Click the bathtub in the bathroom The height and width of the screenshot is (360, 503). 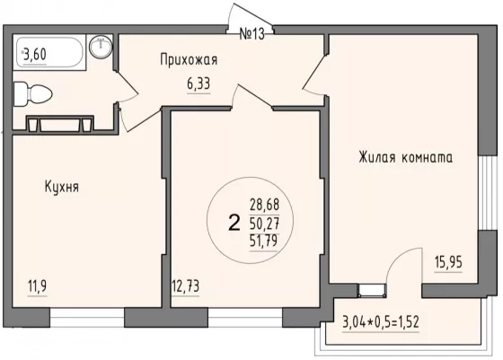(x=49, y=52)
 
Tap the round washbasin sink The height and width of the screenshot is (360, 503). (x=101, y=47)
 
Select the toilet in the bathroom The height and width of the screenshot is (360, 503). (x=32, y=94)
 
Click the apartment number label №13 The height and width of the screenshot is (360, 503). (x=252, y=33)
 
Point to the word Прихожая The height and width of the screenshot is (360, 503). (x=189, y=60)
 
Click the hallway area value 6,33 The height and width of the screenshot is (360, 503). (x=199, y=84)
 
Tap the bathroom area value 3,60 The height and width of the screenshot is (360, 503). (x=35, y=54)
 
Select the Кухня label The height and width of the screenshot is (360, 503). (x=62, y=187)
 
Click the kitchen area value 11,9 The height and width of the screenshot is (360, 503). (x=38, y=285)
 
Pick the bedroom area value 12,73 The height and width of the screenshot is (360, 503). (x=186, y=285)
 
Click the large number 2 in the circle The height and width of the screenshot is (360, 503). (x=234, y=223)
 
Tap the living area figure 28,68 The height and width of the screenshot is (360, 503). (x=265, y=204)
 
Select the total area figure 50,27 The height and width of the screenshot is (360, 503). (x=264, y=224)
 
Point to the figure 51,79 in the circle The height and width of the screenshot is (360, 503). (x=264, y=241)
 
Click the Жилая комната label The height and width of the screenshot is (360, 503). (x=406, y=158)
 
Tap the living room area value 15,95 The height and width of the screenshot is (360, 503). (x=448, y=262)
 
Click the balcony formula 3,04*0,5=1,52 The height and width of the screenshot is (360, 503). (x=381, y=322)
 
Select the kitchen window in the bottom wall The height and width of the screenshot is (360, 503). (x=87, y=318)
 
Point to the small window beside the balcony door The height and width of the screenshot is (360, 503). (x=372, y=289)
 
